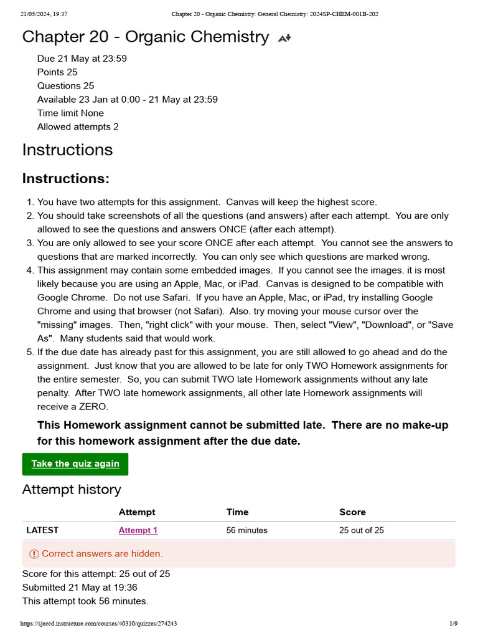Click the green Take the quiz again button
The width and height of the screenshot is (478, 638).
(75, 464)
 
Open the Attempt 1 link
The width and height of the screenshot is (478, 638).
(138, 531)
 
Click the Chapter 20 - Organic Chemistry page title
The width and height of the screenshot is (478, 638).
(145, 37)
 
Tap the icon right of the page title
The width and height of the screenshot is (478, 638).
(284, 38)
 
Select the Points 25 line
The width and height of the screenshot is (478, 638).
(57, 72)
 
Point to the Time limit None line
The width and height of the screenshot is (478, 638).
(70, 113)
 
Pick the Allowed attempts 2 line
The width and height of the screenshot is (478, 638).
(78, 127)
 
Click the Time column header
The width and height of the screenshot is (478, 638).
(237, 512)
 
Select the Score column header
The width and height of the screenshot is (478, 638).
(352, 512)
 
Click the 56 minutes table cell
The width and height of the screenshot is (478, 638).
(246, 531)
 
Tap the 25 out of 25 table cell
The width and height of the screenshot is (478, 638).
(361, 531)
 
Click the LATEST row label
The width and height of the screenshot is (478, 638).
(42, 531)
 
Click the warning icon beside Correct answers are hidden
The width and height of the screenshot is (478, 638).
(34, 554)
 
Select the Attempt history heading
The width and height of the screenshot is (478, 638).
(72, 490)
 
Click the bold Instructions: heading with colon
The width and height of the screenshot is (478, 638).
(66, 179)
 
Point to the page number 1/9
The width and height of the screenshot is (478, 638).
(453, 624)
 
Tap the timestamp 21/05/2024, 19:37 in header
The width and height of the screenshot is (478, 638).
(44, 14)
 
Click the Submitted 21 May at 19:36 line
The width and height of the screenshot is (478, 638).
(80, 588)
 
